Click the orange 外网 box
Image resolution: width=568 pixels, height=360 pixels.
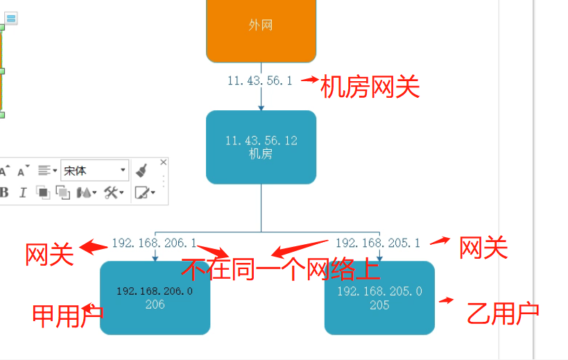(x=261, y=28)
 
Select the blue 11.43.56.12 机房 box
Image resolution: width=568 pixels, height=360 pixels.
(x=261, y=147)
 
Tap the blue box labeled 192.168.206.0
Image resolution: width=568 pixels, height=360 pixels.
(x=155, y=298)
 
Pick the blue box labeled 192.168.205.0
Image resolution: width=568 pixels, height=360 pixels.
(x=379, y=298)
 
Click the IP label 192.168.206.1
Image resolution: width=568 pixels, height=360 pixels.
(x=154, y=243)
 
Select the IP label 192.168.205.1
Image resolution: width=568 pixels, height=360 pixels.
(x=378, y=243)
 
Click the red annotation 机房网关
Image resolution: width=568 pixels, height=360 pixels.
(x=370, y=87)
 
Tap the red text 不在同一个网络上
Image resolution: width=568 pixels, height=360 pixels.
(x=280, y=268)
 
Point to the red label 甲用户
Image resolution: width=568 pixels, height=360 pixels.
(x=67, y=316)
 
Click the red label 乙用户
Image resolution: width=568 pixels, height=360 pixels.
(x=503, y=314)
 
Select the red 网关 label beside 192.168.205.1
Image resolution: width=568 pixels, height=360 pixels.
(x=483, y=248)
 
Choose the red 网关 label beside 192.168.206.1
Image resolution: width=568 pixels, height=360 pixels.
(x=49, y=255)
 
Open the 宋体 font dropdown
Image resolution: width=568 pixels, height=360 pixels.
(x=95, y=170)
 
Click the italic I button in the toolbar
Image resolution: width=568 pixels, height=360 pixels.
(x=22, y=193)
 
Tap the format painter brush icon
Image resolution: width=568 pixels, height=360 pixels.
(x=141, y=170)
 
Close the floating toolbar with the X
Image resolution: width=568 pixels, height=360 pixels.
(x=164, y=162)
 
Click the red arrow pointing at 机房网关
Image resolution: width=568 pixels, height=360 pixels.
(x=309, y=80)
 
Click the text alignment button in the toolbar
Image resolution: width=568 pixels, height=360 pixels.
(x=47, y=170)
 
